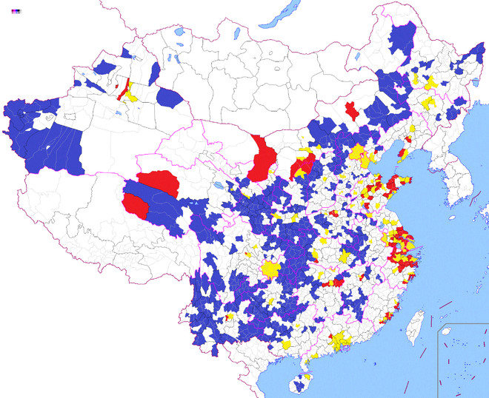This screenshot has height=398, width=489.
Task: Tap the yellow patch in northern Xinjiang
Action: pos(132,95)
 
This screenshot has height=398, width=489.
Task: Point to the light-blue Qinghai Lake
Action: pos(216,186)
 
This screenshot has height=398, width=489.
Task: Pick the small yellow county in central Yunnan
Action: pos(230,316)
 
